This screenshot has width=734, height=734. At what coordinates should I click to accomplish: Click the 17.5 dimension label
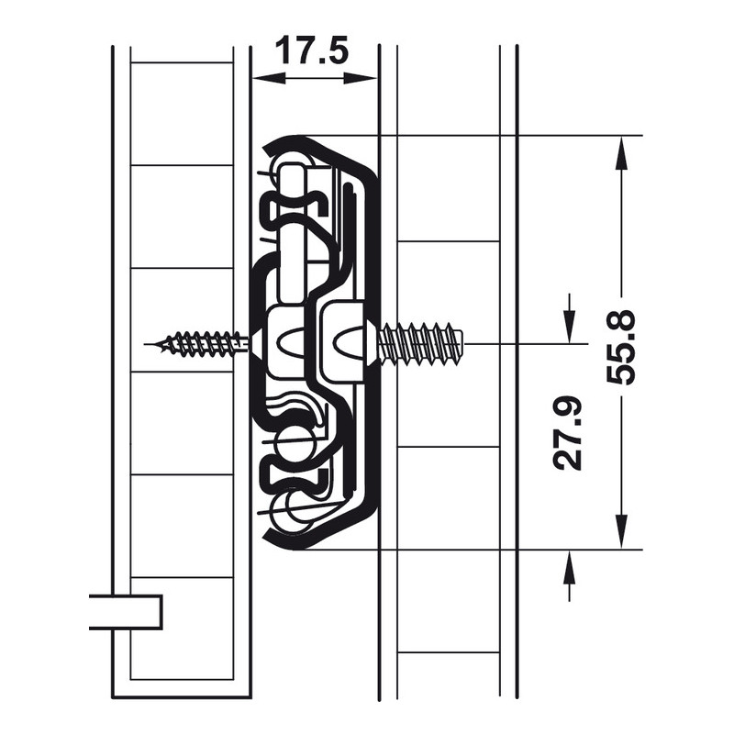tap(312, 51)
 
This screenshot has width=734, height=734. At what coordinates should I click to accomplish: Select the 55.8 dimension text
tap(621, 347)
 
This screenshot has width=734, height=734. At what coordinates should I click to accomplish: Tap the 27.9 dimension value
tap(567, 433)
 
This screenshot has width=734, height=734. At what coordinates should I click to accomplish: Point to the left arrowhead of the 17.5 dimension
tap(269, 78)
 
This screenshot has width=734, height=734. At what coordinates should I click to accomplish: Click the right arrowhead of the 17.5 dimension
tap(360, 78)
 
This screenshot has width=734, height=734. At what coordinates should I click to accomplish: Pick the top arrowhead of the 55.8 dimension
tap(621, 153)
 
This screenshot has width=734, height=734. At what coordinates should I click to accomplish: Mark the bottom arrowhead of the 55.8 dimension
tap(621, 531)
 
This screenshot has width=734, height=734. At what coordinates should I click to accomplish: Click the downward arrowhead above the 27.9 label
tap(569, 328)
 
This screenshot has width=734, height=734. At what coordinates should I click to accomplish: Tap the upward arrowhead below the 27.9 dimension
tap(569, 566)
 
